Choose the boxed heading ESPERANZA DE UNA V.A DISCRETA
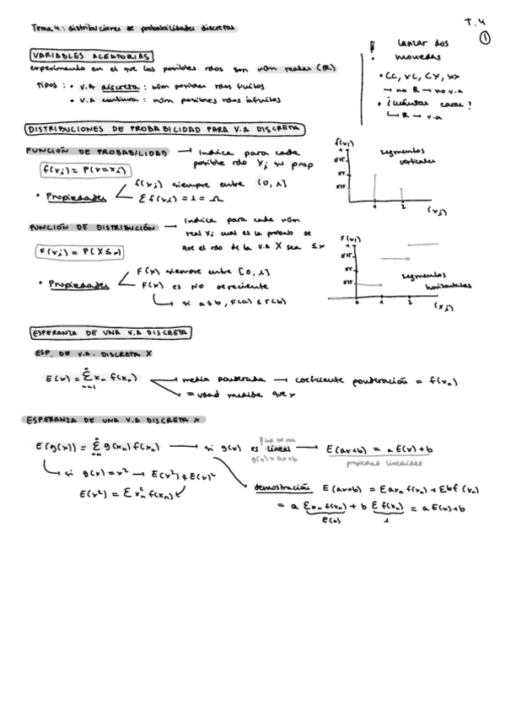click(110, 332)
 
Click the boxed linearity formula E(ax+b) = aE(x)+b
click(374, 449)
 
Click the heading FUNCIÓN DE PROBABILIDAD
click(96, 153)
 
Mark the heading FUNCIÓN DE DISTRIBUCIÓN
click(94, 228)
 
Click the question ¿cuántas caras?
click(423, 105)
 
